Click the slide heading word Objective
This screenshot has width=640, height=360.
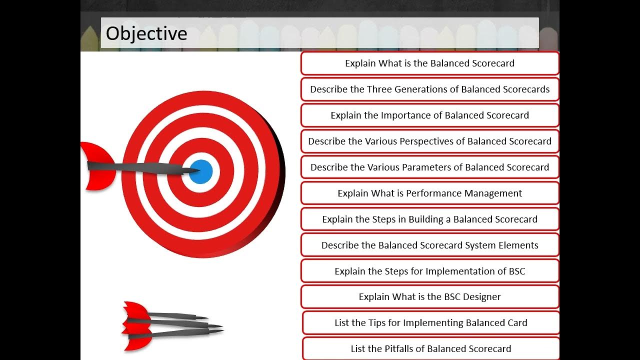pos(146,33)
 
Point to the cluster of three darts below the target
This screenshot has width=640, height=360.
pos(170,325)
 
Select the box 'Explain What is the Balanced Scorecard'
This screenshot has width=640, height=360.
pos(429,63)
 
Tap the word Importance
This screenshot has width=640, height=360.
pos(405,115)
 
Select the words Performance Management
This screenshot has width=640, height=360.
pos(464,193)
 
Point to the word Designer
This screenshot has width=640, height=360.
pos(481,297)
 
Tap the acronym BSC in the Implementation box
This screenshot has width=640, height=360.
pos(517,271)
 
